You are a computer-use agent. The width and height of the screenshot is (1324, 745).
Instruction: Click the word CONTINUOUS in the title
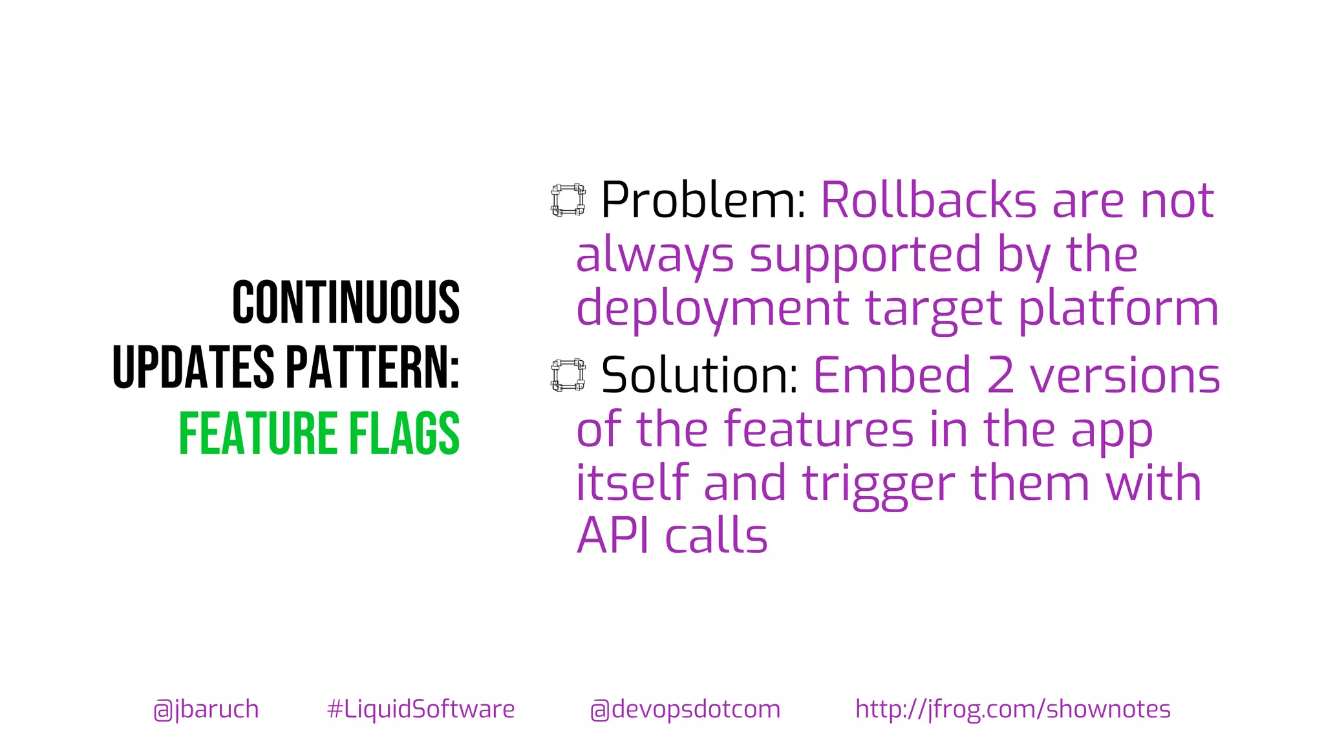(x=346, y=303)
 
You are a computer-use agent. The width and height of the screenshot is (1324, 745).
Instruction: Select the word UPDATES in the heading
(x=193, y=367)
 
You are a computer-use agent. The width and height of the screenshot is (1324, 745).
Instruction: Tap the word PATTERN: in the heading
(x=372, y=367)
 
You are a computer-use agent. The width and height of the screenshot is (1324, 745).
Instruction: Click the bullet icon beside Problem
(x=568, y=200)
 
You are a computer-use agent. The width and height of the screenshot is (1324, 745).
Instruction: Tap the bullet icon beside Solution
(x=568, y=375)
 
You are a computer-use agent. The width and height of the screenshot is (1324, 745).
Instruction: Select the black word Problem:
(x=703, y=200)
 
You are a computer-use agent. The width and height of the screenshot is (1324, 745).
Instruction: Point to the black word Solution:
(x=699, y=375)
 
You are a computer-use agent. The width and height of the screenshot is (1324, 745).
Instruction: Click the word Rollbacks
(x=928, y=200)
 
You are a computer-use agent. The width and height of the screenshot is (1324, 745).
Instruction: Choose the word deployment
(x=712, y=308)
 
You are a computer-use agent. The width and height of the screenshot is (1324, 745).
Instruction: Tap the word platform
(x=1118, y=308)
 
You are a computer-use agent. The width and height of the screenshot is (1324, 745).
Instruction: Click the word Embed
(x=892, y=375)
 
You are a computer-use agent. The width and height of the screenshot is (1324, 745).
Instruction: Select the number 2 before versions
(x=1000, y=375)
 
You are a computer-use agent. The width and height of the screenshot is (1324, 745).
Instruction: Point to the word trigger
(x=879, y=484)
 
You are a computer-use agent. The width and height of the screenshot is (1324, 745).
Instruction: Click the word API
(x=612, y=536)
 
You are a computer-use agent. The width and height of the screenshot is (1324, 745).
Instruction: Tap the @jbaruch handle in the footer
(x=206, y=709)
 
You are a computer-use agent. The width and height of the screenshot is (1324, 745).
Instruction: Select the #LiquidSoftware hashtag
(x=421, y=709)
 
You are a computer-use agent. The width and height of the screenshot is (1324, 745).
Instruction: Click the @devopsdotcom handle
(x=685, y=709)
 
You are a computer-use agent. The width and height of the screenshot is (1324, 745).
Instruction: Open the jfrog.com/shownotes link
(x=1012, y=709)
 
